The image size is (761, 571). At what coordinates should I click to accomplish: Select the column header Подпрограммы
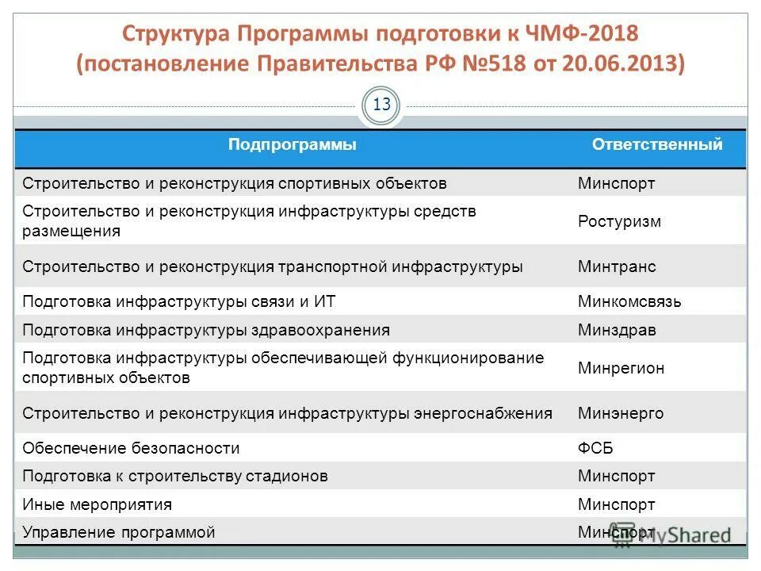pyautogui.click(x=292, y=144)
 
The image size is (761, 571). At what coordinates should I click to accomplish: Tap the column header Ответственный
pyautogui.click(x=657, y=144)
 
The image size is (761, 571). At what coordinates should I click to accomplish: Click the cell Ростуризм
pyautogui.click(x=619, y=221)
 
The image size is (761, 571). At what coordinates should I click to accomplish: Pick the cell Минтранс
pyautogui.click(x=617, y=266)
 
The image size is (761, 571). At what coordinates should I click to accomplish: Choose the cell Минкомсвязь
pyautogui.click(x=629, y=301)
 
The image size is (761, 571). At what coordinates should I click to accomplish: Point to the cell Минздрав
pyautogui.click(x=617, y=330)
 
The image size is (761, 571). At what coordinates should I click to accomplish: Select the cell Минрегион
pyautogui.click(x=621, y=368)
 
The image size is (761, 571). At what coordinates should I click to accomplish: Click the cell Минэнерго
pyautogui.click(x=621, y=413)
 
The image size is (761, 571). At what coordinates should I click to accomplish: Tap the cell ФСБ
pyautogui.click(x=595, y=448)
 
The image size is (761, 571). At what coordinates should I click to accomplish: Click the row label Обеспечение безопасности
pyautogui.click(x=131, y=448)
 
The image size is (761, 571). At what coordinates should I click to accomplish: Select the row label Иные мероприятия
pyautogui.click(x=97, y=504)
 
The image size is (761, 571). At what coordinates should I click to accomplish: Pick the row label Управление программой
pyautogui.click(x=119, y=532)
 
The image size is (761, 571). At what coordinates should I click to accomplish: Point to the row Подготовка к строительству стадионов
pyautogui.click(x=175, y=477)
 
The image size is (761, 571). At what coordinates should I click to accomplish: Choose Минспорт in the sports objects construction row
pyautogui.click(x=616, y=183)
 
